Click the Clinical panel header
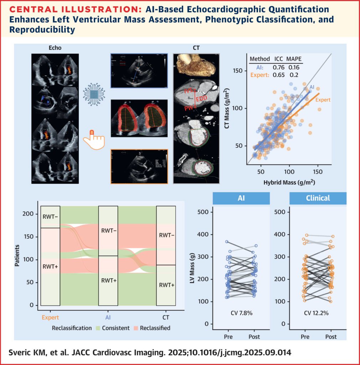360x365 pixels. click(x=313, y=198)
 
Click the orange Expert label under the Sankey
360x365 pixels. click(x=50, y=316)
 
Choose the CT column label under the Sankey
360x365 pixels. click(x=166, y=316)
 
